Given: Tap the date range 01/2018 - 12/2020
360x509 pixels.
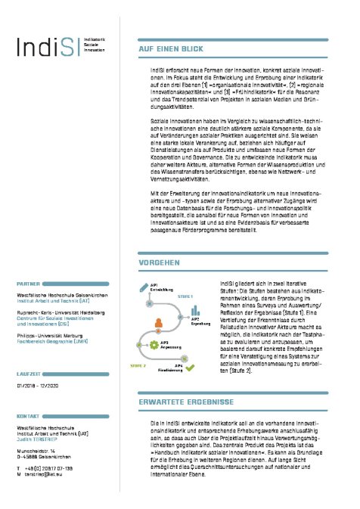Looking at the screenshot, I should [42, 386].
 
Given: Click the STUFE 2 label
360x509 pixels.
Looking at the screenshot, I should [137, 364].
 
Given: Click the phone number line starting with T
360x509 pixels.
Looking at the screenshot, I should [48, 468].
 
